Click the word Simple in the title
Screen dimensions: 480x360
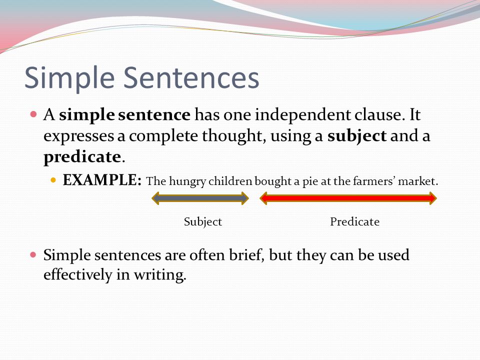click(x=69, y=78)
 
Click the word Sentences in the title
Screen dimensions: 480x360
click(x=191, y=78)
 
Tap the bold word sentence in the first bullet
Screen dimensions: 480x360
click(x=154, y=115)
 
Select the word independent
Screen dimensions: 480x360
click(x=303, y=115)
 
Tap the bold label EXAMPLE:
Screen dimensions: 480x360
click(x=102, y=180)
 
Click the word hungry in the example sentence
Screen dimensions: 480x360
click(x=187, y=181)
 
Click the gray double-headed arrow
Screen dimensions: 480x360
click(x=200, y=198)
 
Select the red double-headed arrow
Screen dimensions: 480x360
click(x=348, y=198)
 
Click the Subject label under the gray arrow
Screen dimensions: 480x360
click(x=203, y=222)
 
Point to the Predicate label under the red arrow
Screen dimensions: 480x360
click(x=355, y=221)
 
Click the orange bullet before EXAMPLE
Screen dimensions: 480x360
click(x=53, y=180)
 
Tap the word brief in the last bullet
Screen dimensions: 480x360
click(x=246, y=255)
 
